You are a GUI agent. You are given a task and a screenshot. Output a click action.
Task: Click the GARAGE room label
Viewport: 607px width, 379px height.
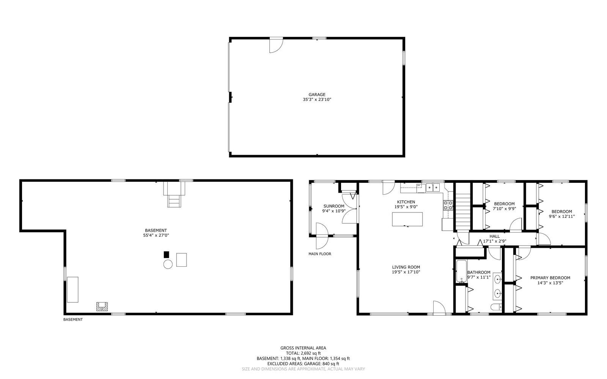317,94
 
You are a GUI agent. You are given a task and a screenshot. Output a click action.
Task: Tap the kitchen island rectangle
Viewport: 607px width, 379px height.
407,219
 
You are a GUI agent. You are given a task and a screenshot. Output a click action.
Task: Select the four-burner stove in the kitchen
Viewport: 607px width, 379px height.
448,205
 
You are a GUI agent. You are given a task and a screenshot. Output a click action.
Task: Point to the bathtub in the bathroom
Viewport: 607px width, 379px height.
461,272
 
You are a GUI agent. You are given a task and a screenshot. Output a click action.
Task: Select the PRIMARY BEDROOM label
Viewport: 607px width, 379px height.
550,278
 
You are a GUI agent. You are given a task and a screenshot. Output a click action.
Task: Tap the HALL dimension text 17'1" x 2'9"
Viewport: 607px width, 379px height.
494,241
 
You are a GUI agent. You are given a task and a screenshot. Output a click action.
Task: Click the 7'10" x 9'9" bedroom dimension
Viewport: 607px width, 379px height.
504,209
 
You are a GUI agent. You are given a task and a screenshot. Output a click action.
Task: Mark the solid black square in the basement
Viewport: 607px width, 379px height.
166,255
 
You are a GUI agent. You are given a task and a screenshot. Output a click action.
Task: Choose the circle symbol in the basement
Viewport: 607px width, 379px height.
168,264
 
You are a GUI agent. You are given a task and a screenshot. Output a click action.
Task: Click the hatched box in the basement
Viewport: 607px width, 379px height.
102,307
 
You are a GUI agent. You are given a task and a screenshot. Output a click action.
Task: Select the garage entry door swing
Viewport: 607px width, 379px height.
275,46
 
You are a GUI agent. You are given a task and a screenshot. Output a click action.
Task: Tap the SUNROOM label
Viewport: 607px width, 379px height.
334,206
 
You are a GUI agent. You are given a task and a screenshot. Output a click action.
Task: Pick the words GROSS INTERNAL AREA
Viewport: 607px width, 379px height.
303,348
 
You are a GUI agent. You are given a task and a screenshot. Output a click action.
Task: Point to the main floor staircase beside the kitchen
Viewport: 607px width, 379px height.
462,211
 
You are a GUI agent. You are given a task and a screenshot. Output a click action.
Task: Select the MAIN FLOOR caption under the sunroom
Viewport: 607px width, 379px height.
320,254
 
